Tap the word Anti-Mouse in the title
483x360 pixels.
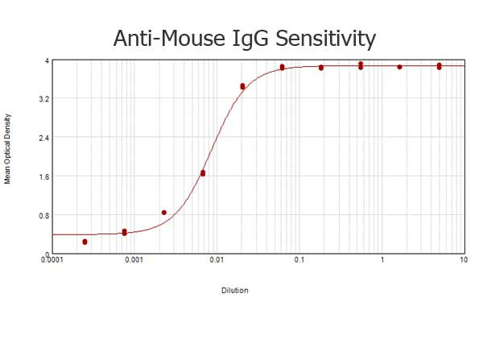pos(165,38)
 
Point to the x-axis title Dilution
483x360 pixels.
pos(234,290)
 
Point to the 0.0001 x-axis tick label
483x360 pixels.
pos(52,260)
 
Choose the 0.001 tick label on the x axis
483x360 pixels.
pos(134,260)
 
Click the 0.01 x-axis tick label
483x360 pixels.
pos(216,260)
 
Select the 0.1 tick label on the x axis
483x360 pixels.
pos(299,260)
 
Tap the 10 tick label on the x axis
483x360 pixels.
pos(463,260)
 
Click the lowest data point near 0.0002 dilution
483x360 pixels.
pos(85,242)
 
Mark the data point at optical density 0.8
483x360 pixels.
pos(164,213)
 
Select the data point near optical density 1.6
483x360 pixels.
pos(203,173)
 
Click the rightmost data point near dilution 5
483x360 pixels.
pos(439,66)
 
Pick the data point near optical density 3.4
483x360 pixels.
pos(242,86)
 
